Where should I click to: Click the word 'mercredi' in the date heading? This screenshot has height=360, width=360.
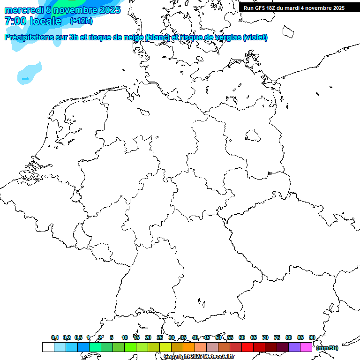(24, 10)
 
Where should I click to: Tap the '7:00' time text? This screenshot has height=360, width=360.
(16, 21)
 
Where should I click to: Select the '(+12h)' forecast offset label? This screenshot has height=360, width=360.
(81, 21)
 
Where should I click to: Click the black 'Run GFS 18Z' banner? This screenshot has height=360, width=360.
(294, 7)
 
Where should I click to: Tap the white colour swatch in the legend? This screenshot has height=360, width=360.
(48, 347)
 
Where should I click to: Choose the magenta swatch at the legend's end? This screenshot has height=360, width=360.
(306, 347)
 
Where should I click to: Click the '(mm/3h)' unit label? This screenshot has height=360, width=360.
(327, 348)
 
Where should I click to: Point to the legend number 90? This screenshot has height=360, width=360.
(312, 337)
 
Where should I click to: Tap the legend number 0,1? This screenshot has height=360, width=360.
(55, 337)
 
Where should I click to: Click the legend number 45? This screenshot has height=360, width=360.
(207, 337)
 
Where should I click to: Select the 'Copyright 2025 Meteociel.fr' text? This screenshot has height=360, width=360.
(199, 356)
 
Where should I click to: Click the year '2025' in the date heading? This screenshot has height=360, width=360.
(109, 10)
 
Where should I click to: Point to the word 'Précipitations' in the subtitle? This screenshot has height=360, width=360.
(29, 37)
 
